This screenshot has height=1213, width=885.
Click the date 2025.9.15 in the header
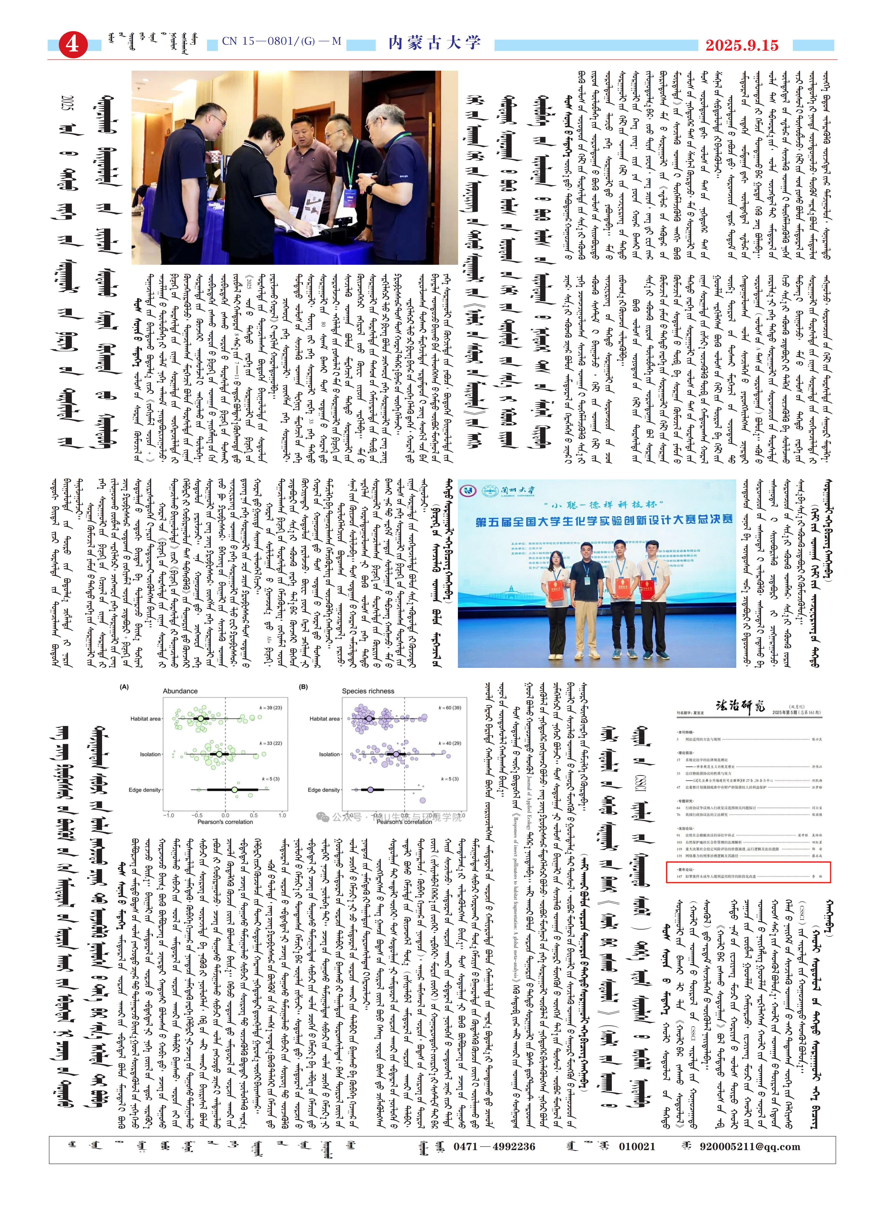(x=741, y=45)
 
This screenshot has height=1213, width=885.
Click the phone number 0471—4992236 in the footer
(x=494, y=1146)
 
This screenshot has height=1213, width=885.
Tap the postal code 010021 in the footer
(x=636, y=1146)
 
